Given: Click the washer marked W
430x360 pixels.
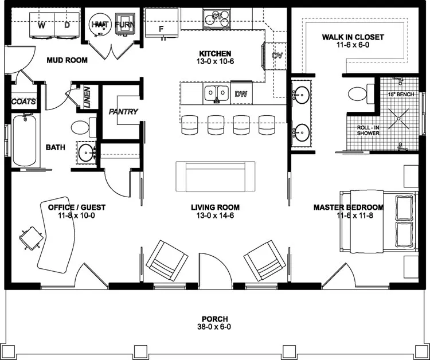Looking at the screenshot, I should [x=42, y=26].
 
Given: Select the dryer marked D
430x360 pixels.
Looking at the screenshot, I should [x=67, y=26].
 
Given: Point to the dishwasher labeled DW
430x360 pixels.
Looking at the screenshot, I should [x=241, y=93].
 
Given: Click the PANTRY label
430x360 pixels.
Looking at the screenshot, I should [x=123, y=111].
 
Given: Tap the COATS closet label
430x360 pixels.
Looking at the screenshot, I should [x=24, y=101].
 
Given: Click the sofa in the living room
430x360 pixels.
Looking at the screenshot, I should [x=216, y=177].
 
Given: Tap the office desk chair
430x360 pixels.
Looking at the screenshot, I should [x=30, y=234].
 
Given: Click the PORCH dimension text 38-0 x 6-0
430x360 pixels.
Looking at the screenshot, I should [x=215, y=328].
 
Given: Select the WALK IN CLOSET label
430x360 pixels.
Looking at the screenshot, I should [x=352, y=37].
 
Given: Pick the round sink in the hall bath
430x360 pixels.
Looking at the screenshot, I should [x=88, y=152].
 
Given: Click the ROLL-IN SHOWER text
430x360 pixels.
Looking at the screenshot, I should [x=366, y=130].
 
